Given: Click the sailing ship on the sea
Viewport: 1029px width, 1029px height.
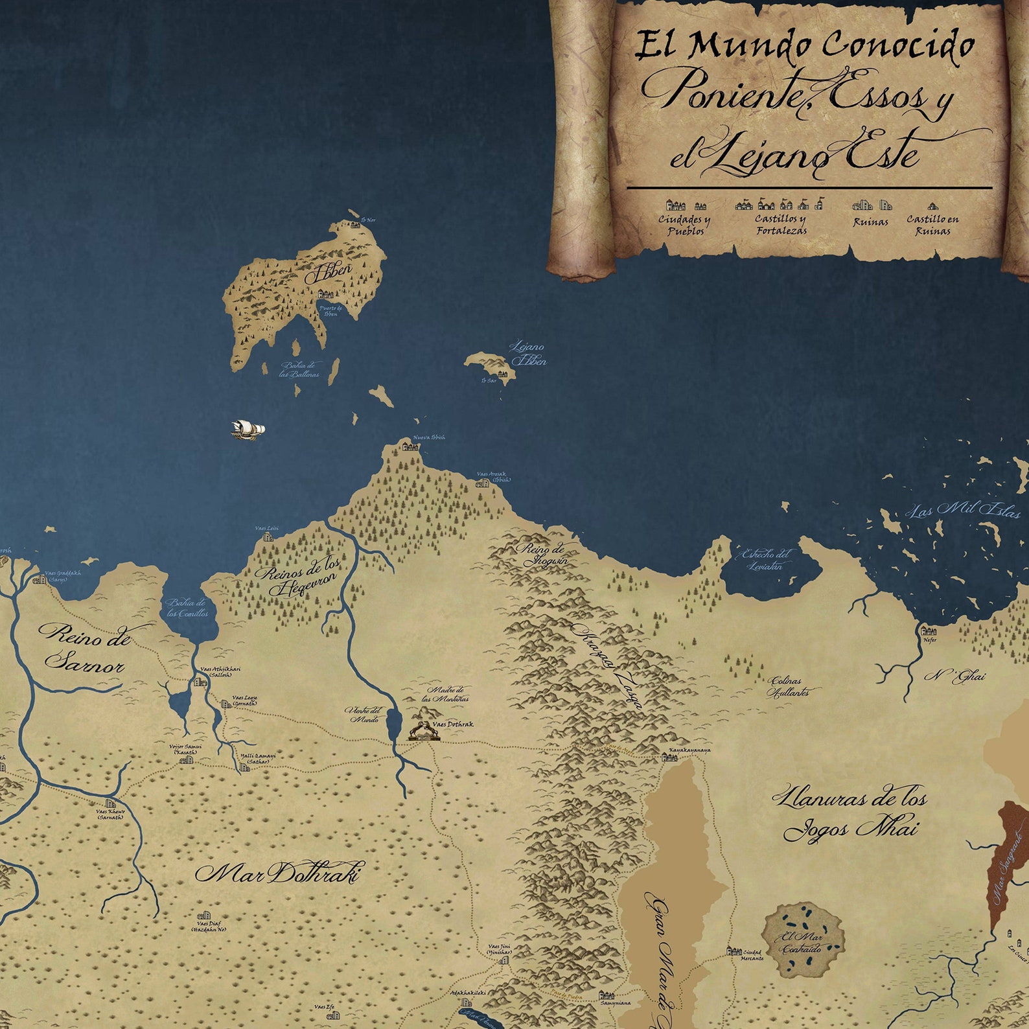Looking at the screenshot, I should click(x=248, y=429).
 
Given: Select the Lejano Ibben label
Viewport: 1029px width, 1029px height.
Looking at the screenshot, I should click(x=528, y=354).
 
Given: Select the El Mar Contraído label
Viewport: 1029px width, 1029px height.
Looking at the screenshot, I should click(x=802, y=943).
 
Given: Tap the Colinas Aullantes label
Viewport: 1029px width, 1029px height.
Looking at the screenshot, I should click(x=788, y=686).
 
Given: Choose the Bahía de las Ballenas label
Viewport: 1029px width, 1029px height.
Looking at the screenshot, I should click(x=301, y=369).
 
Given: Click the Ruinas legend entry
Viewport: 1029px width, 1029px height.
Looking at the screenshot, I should click(x=870, y=222).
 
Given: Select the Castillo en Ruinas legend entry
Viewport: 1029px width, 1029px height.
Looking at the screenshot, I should click(x=932, y=224).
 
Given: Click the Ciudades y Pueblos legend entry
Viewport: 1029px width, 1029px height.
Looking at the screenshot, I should click(x=684, y=224).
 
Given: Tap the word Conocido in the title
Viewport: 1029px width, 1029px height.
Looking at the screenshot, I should click(x=898, y=45).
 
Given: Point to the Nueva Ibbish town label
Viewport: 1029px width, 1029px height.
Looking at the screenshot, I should click(x=429, y=437).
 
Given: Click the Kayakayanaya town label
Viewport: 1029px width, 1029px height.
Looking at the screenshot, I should click(x=689, y=750).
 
